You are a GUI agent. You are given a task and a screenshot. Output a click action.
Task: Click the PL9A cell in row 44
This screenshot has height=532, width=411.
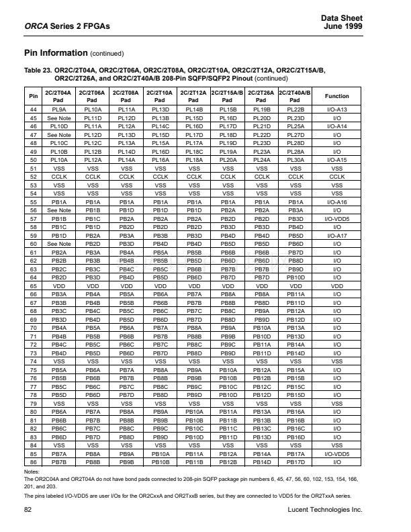58,109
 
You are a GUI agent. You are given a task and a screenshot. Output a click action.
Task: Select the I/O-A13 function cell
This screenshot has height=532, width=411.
336,109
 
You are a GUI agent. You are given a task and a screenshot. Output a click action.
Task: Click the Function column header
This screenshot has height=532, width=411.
336,96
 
